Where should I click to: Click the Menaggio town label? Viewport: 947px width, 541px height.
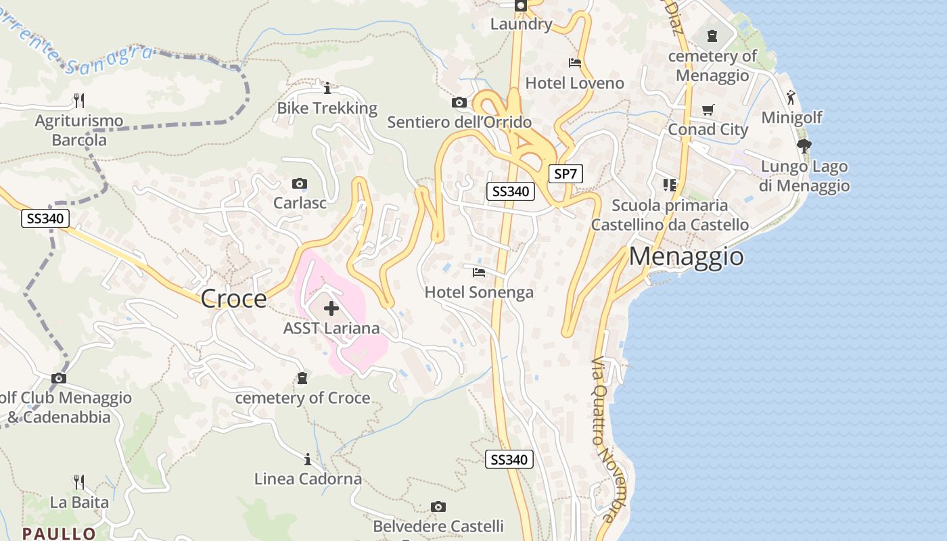(687, 257)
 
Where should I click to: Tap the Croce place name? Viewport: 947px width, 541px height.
(234, 298)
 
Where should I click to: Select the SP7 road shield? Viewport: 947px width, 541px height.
(565, 174)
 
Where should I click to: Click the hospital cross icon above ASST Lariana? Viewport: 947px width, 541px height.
(331, 309)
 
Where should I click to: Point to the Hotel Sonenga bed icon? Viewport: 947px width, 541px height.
(479, 273)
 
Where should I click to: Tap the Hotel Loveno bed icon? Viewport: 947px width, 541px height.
(575, 64)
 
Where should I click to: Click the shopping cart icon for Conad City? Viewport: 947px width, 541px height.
(708, 110)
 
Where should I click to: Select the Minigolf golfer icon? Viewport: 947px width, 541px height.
(791, 97)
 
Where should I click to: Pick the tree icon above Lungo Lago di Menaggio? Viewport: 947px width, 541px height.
(804, 145)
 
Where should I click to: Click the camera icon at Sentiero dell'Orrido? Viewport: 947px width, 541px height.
(459, 103)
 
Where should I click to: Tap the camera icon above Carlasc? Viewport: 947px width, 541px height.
(300, 183)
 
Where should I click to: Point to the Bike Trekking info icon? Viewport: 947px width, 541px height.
(327, 88)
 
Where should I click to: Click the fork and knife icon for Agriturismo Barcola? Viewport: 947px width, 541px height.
(79, 101)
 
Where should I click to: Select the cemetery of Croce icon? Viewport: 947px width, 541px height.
(302, 378)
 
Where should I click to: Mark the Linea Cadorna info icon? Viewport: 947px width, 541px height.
(308, 460)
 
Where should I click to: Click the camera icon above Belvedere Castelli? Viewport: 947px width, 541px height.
(438, 507)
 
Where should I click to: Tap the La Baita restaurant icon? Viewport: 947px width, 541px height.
(79, 482)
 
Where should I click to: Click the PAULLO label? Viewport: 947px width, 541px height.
(59, 534)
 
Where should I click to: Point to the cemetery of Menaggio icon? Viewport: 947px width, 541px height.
(712, 36)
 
